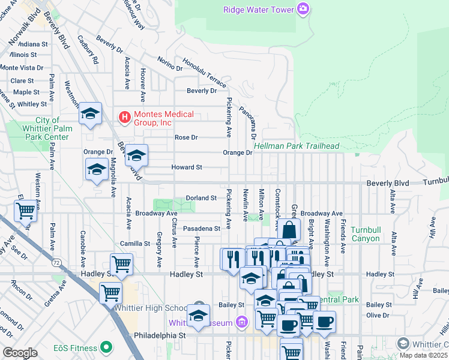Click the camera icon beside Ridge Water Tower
click(304, 9)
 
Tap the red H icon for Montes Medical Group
click(124, 116)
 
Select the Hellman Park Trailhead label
click(297, 146)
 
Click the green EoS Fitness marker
click(106, 347)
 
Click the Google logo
click(20, 353)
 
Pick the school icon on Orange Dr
click(136, 155)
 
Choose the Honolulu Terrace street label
click(204, 71)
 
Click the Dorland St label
click(200, 197)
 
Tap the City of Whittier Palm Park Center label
click(46, 128)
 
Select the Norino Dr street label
click(170, 64)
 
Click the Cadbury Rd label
click(88, 50)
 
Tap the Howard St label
click(187, 167)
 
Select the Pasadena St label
click(201, 229)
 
